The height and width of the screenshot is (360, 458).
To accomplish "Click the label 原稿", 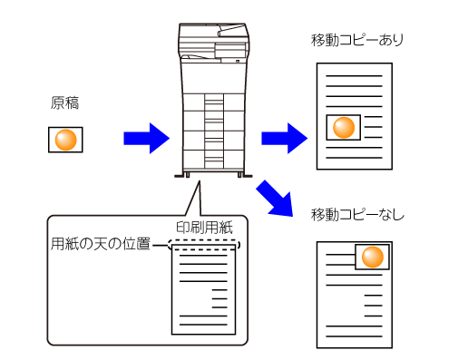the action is click(x=64, y=102).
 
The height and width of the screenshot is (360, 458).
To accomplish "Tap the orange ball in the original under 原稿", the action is click(x=65, y=140).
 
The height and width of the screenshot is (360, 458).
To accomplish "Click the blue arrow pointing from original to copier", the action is click(x=147, y=139).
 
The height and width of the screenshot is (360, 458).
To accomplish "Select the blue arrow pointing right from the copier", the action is click(x=285, y=139).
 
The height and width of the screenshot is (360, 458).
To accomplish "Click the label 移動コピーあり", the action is click(x=357, y=40).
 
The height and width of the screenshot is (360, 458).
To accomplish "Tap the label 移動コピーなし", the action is click(x=357, y=215).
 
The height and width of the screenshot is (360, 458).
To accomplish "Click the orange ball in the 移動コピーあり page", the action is click(x=344, y=127).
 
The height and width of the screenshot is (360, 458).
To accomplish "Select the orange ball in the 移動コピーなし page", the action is click(x=373, y=257).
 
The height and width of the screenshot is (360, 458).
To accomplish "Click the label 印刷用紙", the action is click(x=204, y=228).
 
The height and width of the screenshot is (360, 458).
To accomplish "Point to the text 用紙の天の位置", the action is click(x=101, y=244).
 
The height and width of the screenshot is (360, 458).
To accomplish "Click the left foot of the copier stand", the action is click(x=187, y=175).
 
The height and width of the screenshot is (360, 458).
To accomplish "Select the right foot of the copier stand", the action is click(x=239, y=175).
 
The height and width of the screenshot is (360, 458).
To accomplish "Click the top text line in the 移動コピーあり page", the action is click(x=354, y=75).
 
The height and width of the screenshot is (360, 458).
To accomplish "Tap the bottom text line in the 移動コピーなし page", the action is click(x=354, y=336).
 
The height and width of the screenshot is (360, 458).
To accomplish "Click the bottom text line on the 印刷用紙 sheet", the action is click(x=203, y=325).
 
